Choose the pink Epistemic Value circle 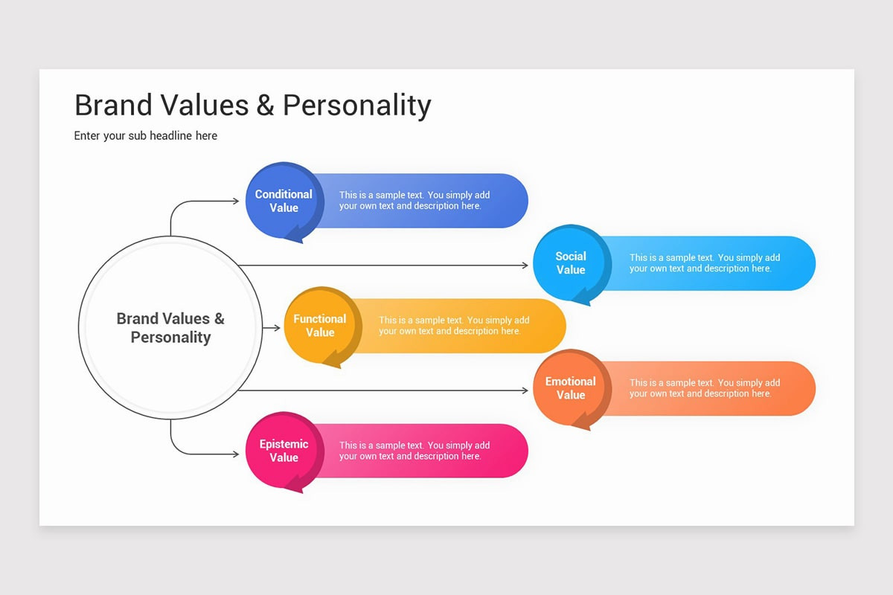click(x=284, y=451)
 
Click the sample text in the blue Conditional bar click(x=415, y=201)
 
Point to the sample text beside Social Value click(x=704, y=263)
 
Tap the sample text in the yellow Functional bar click(x=454, y=326)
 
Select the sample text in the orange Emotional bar click(x=704, y=388)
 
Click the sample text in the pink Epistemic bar click(x=415, y=451)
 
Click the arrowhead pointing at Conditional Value click(x=236, y=201)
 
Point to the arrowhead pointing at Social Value click(x=525, y=266)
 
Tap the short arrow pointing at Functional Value click(x=272, y=328)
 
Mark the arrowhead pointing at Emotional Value click(x=525, y=390)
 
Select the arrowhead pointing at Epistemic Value click(x=236, y=453)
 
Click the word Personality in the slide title click(x=356, y=106)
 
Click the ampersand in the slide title click(x=266, y=106)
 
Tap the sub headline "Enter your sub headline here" click(x=146, y=136)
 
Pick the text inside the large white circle click(x=170, y=328)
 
